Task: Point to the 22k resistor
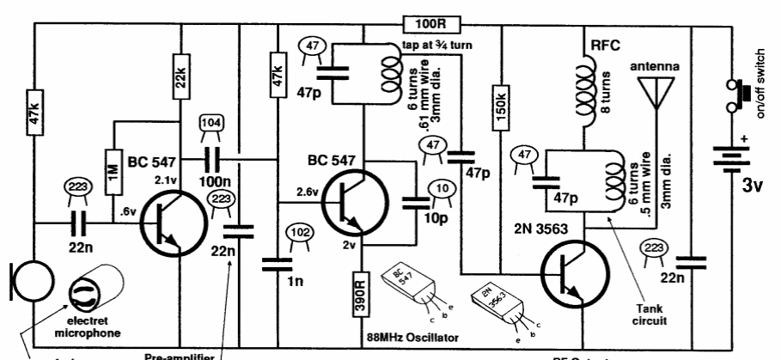183,77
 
